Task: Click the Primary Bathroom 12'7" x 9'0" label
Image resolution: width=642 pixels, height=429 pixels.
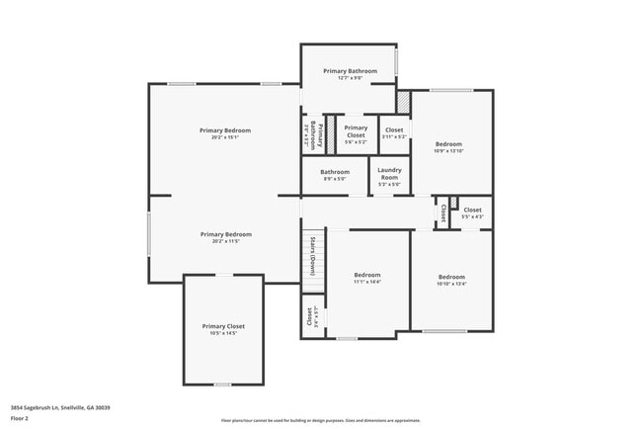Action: coord(349,74)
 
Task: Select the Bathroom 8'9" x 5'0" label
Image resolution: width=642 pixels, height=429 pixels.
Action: coord(334,175)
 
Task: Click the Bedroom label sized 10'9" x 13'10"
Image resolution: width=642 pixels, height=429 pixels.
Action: coord(448,146)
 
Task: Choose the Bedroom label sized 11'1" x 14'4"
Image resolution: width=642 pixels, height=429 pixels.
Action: coord(366,279)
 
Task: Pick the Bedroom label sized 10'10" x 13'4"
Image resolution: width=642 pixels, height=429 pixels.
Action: coord(451,280)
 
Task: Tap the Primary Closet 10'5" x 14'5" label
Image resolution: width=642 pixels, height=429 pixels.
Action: coord(223,329)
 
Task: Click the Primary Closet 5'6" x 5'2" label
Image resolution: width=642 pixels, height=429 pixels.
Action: coord(356,134)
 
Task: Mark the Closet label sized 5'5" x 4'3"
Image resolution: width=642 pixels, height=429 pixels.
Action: coord(472,213)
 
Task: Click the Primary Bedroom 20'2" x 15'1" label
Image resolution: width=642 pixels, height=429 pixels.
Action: coord(225,133)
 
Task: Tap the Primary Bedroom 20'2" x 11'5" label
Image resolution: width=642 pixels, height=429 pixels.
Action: coord(225,237)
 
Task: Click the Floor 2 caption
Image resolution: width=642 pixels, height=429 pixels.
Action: coord(21,417)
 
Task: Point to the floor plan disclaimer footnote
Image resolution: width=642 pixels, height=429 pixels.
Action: coord(321,419)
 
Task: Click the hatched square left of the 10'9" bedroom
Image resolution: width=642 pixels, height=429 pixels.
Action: coord(402,102)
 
